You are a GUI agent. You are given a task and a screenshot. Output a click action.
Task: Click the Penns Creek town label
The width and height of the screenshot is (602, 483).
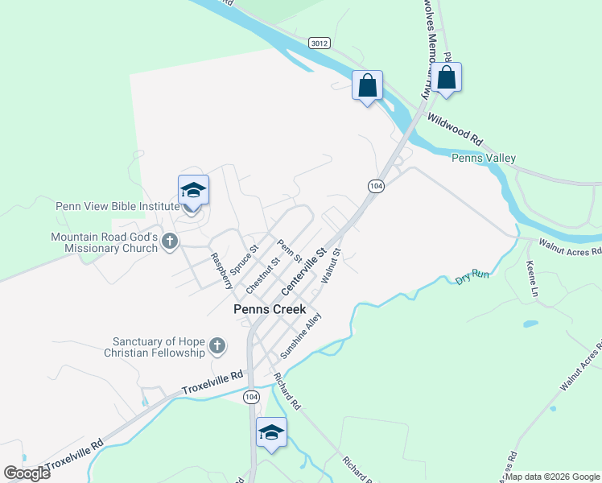coord(270,309)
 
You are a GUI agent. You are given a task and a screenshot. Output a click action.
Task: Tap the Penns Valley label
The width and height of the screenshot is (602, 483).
coord(484,159)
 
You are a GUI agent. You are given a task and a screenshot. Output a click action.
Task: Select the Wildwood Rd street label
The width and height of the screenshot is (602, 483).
coord(455,129)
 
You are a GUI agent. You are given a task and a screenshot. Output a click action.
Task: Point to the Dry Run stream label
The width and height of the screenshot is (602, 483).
coord(472,277)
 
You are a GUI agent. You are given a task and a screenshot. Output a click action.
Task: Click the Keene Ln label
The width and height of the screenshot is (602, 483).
coord(531,279)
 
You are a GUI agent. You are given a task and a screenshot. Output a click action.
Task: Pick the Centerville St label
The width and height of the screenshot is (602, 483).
coord(303,271)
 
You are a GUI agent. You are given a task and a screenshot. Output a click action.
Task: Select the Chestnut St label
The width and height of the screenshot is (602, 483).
coord(262,274)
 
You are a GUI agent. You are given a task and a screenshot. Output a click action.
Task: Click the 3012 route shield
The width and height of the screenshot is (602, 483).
coord(319,43)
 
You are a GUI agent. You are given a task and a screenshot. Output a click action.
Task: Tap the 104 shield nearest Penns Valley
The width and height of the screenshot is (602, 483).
coord(375,186)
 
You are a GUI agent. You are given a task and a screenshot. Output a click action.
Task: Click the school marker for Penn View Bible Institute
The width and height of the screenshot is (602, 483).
coord(193,192)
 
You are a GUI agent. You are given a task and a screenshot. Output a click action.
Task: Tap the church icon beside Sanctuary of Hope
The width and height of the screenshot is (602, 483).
coord(216,347)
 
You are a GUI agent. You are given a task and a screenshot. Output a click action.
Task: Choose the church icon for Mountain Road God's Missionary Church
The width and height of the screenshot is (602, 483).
coord(169,242)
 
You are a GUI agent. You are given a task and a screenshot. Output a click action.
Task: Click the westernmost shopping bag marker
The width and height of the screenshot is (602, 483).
coord(367,85)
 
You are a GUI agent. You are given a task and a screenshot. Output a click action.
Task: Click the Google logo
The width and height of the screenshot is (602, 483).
coord(27,473)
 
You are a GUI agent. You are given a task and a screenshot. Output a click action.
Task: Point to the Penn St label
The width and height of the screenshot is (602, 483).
coord(288,251)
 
